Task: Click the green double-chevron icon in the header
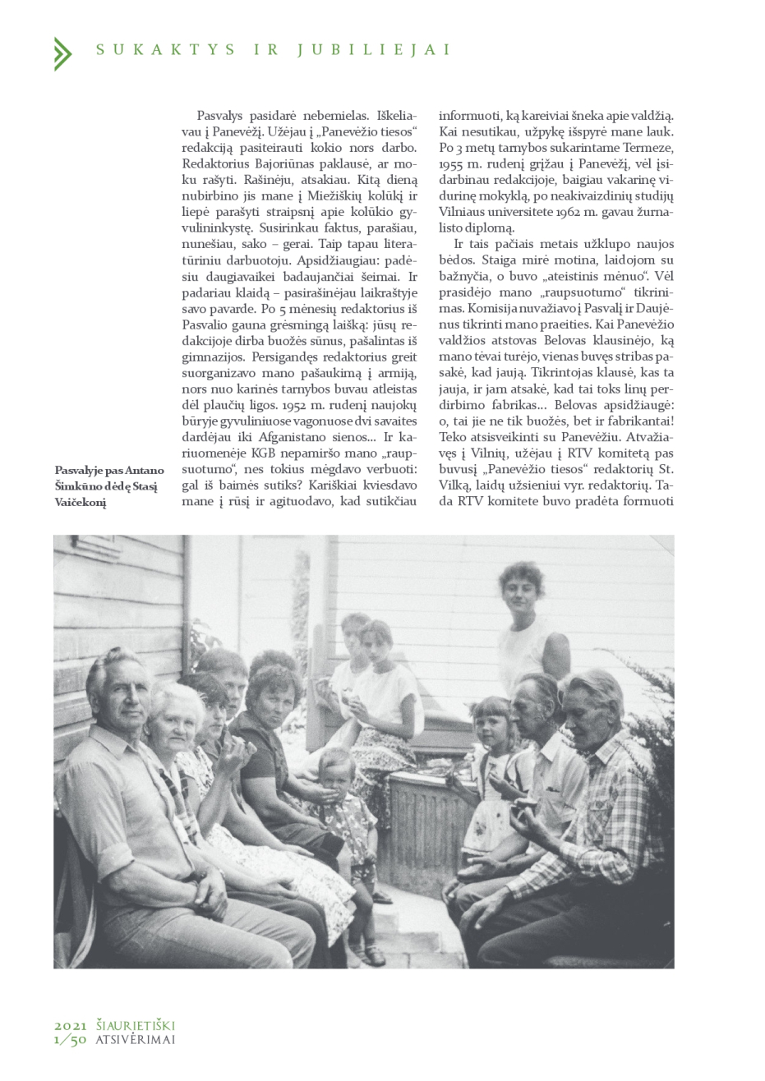62,53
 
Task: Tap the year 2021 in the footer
71,1026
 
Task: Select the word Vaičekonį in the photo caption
81,503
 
